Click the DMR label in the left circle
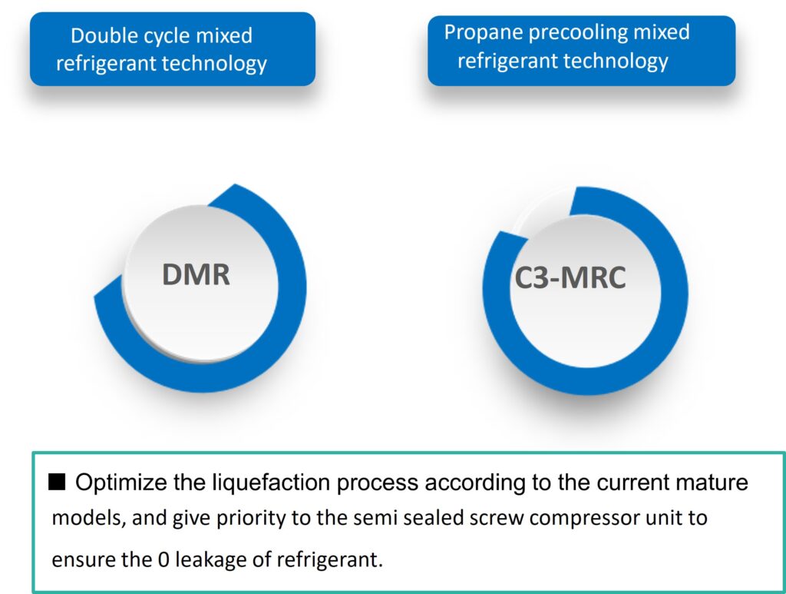pos(196,274)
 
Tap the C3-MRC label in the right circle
pos(570,277)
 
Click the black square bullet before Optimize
pos(59,483)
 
